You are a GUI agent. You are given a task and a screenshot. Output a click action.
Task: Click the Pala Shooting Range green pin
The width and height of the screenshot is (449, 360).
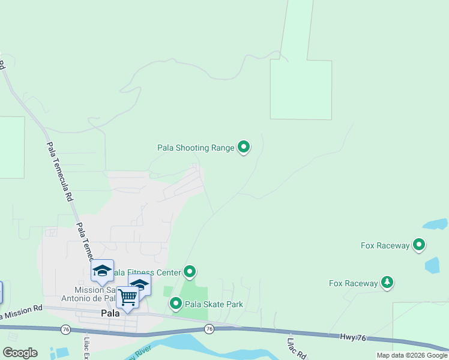[x=243, y=146]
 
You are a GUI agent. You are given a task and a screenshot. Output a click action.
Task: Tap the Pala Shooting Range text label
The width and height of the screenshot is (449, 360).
[x=196, y=148]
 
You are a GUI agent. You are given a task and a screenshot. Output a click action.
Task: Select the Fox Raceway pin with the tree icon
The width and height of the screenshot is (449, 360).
[x=387, y=283]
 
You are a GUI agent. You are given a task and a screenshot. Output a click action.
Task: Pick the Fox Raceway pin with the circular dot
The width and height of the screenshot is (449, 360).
[x=419, y=244]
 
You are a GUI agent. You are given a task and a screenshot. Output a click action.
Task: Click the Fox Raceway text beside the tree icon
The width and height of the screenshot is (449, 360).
[x=354, y=283]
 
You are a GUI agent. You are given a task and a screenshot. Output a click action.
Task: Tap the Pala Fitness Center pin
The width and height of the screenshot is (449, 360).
[x=190, y=272]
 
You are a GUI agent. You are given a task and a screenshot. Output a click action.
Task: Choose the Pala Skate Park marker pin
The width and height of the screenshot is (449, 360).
[x=176, y=304]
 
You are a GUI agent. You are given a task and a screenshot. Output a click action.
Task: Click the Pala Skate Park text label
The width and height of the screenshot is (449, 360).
[x=214, y=304]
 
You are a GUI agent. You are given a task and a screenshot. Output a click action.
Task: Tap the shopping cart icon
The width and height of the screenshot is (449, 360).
[x=127, y=297]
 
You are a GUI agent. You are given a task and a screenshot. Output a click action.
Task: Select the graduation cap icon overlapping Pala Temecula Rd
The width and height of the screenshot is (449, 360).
[x=103, y=271]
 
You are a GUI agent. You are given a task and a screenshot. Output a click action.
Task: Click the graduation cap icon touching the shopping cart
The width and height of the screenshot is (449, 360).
[x=140, y=284]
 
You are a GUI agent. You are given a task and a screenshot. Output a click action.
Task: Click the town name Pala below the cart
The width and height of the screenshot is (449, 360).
[x=110, y=313]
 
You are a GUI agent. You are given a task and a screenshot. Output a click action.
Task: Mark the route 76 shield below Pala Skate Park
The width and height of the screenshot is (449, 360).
[x=209, y=329]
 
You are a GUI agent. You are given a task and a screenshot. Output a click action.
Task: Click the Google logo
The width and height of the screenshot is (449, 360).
[x=20, y=352]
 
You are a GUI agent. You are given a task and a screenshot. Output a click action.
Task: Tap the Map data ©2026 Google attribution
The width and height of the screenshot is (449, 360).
[x=412, y=355]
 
